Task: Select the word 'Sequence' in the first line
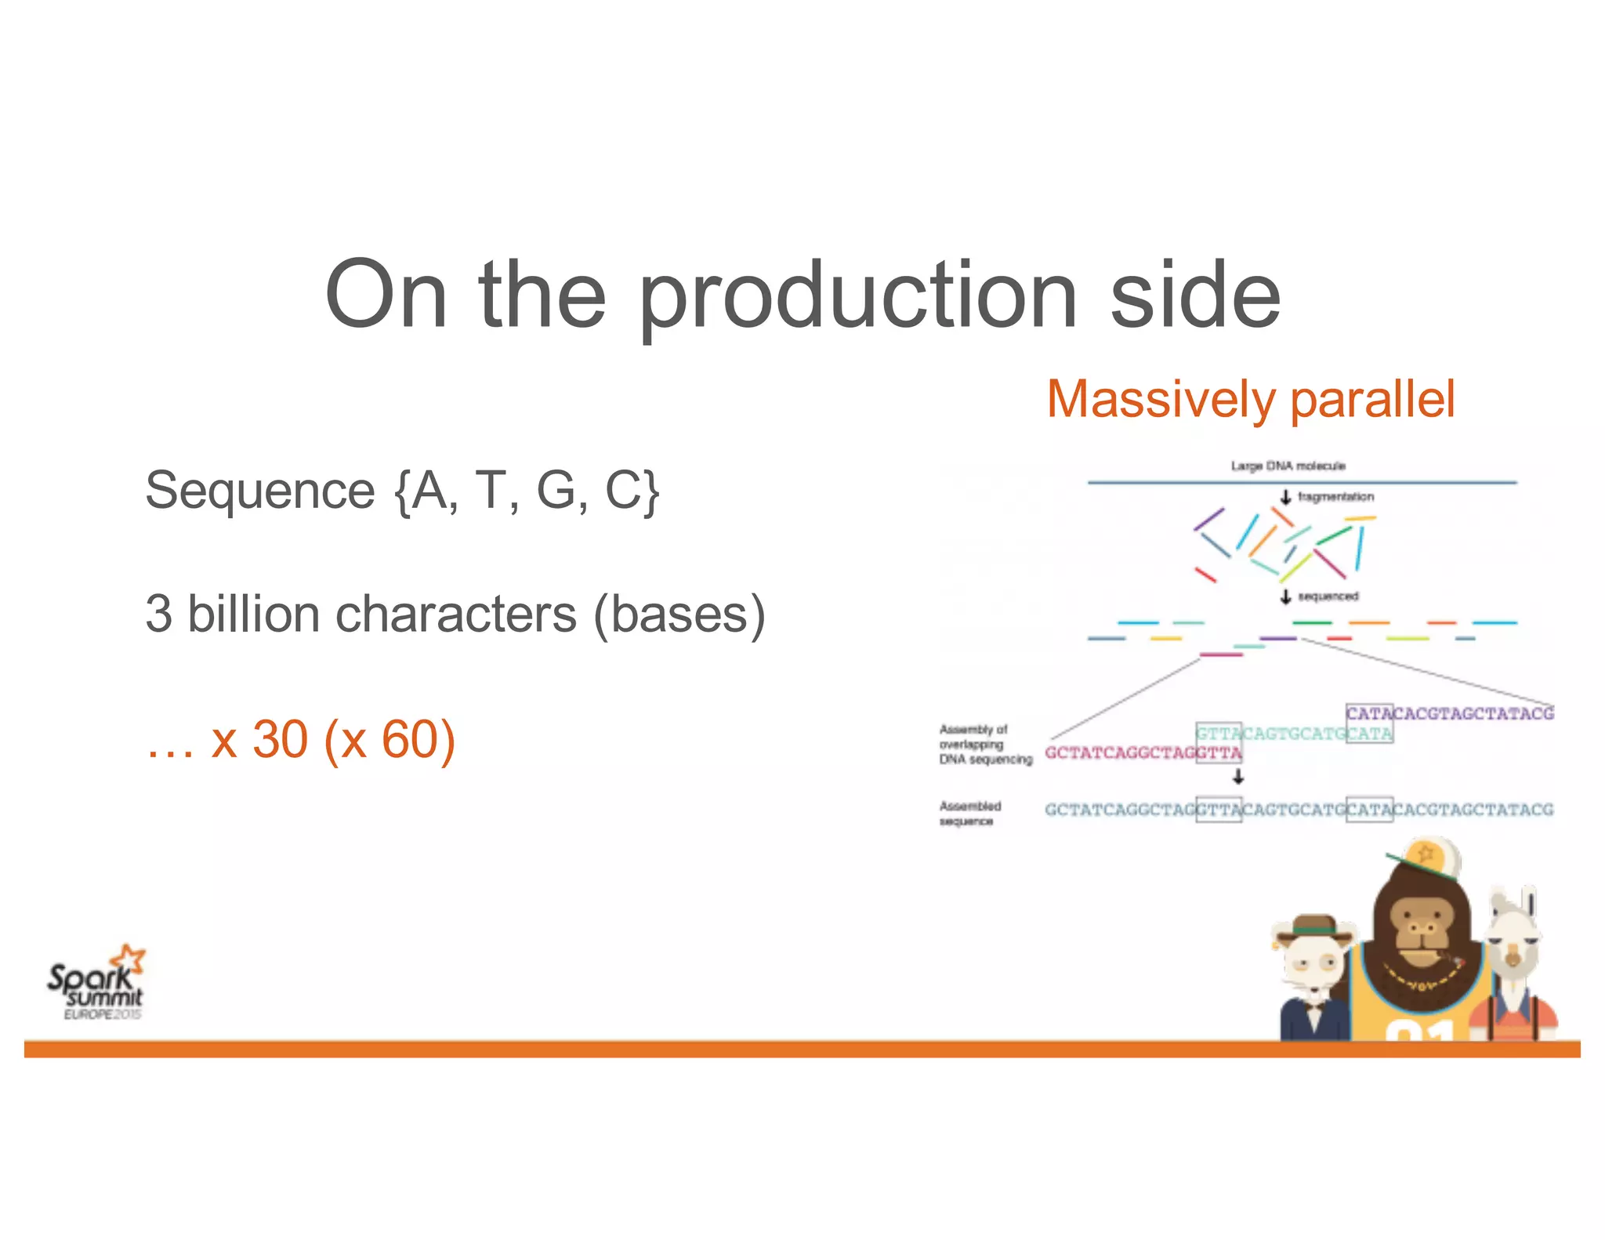[260, 491]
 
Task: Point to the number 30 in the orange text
[280, 739]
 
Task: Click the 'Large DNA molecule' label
[1288, 466]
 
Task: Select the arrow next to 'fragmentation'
[1285, 497]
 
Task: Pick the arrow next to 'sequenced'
[1285, 596]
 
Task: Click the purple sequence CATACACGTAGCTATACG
[1450, 713]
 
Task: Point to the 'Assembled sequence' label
[969, 814]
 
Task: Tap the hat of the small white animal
[1317, 925]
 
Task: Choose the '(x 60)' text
[389, 739]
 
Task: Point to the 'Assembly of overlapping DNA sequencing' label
[984, 744]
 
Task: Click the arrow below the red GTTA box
[1238, 777]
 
